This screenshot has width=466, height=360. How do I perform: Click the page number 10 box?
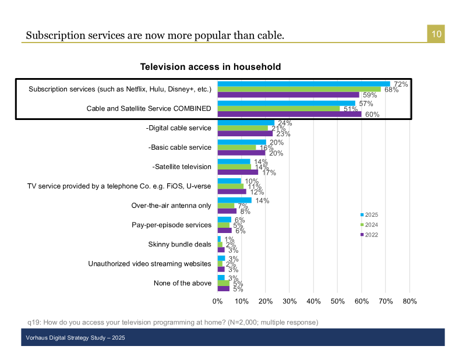pos(436,34)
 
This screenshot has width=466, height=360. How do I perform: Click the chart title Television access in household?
pos(210,67)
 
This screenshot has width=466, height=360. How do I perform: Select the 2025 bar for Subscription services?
pos(303,84)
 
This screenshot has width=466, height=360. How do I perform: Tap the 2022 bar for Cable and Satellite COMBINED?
pos(290,114)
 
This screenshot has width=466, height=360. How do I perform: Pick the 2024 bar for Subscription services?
pos(299,89)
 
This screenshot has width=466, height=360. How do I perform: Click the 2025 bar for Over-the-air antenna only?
pos(234,200)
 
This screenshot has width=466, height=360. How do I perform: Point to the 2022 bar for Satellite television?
pos(238,172)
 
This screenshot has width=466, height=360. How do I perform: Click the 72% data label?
pos(400,84)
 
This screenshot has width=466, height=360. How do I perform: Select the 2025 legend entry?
pos(370,214)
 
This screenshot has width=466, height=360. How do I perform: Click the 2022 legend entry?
pos(370,234)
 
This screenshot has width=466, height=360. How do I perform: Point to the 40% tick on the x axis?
pos(313,301)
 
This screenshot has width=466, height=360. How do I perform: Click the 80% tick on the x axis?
pos(409,301)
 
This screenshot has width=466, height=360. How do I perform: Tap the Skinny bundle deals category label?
pos(179,244)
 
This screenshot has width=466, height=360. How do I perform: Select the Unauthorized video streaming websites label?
pos(150,263)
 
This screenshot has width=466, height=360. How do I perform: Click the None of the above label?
pos(182,283)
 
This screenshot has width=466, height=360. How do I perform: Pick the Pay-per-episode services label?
pos(172,225)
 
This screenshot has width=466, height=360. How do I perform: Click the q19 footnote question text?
pos(172,322)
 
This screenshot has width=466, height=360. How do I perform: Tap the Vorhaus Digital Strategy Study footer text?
pos(75,338)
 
